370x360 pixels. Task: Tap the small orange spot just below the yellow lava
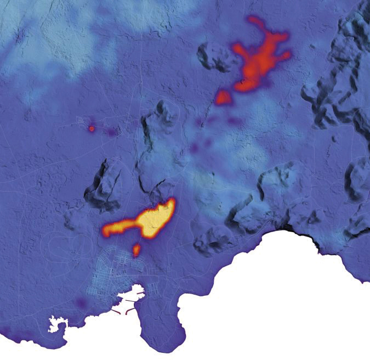click(x=136, y=250)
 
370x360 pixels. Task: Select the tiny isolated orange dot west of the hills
click(x=92, y=128)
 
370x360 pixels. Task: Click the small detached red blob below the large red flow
click(x=223, y=98)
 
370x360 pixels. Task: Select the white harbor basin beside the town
click(x=129, y=300)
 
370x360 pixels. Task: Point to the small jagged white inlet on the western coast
click(x=56, y=324)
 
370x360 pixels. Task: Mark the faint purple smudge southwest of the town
click(x=81, y=302)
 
